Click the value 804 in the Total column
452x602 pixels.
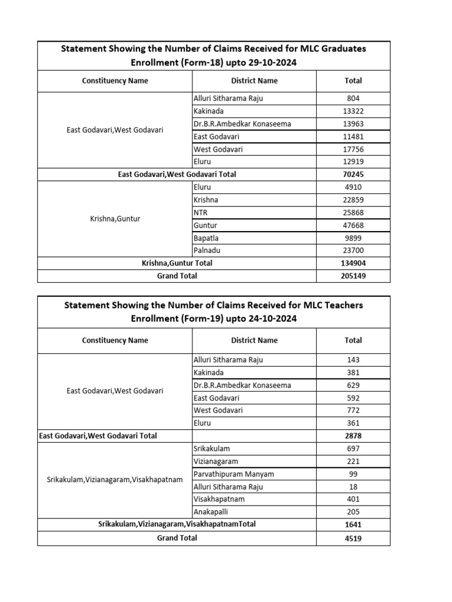pyautogui.click(x=353, y=99)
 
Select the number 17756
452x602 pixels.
pyautogui.click(x=353, y=149)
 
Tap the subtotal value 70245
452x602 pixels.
pyautogui.click(x=353, y=175)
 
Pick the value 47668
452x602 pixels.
pyautogui.click(x=353, y=226)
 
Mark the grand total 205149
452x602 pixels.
pyautogui.click(x=353, y=276)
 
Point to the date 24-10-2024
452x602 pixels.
pyautogui.click(x=271, y=319)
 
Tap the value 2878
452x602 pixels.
pyautogui.click(x=353, y=436)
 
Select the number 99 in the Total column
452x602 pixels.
pyautogui.click(x=353, y=474)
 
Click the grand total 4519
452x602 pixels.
pyautogui.click(x=353, y=538)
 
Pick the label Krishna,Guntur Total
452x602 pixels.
pyautogui.click(x=177, y=263)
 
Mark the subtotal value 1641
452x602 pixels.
pyautogui.click(x=353, y=524)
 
